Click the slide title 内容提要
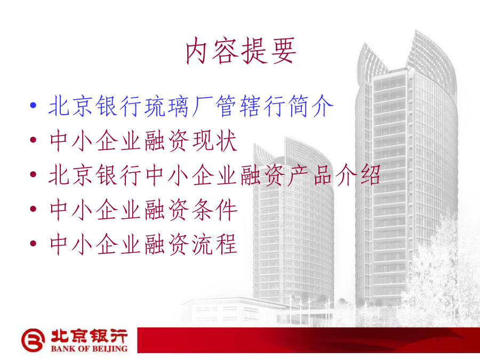[x=241, y=51]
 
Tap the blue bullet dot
[x=34, y=106]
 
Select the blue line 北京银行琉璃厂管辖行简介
[x=191, y=106]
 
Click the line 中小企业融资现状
[x=143, y=140]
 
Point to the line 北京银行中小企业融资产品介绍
[x=214, y=175]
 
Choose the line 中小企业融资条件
[x=143, y=210]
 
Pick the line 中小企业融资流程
[x=143, y=244]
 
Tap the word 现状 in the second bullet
[x=215, y=140]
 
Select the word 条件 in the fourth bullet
[x=215, y=210]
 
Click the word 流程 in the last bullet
[x=215, y=244]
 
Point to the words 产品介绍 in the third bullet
[x=334, y=175]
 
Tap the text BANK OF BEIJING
[x=89, y=349]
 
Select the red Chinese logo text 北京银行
[x=89, y=336]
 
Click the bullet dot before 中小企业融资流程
[x=34, y=244]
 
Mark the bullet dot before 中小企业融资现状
[x=34, y=140]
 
